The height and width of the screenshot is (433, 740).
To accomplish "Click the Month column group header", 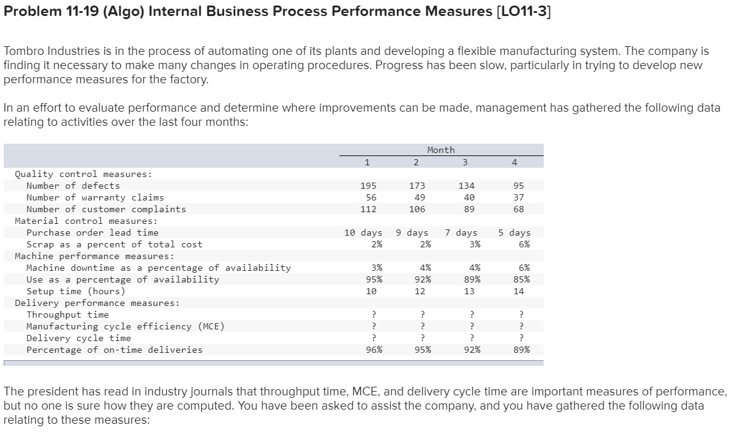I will [441, 150].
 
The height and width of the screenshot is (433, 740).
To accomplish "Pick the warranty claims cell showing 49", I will [418, 197].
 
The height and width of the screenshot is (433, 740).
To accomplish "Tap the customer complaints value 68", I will [518, 209].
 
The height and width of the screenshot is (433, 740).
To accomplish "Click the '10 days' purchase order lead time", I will [363, 233].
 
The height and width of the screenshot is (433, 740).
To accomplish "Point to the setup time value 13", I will [469, 291].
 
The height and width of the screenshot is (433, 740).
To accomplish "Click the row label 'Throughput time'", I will [67, 315].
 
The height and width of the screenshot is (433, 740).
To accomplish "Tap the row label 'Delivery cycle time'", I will [78, 338].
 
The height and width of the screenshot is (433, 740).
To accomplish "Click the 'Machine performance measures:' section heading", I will [94, 256].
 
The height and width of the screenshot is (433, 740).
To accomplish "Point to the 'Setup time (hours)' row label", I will [75, 291].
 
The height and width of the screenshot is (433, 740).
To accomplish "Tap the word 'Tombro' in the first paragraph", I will [24, 51].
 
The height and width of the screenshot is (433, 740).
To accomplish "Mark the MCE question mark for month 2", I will [423, 326].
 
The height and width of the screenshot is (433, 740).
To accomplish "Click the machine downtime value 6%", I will [523, 268].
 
